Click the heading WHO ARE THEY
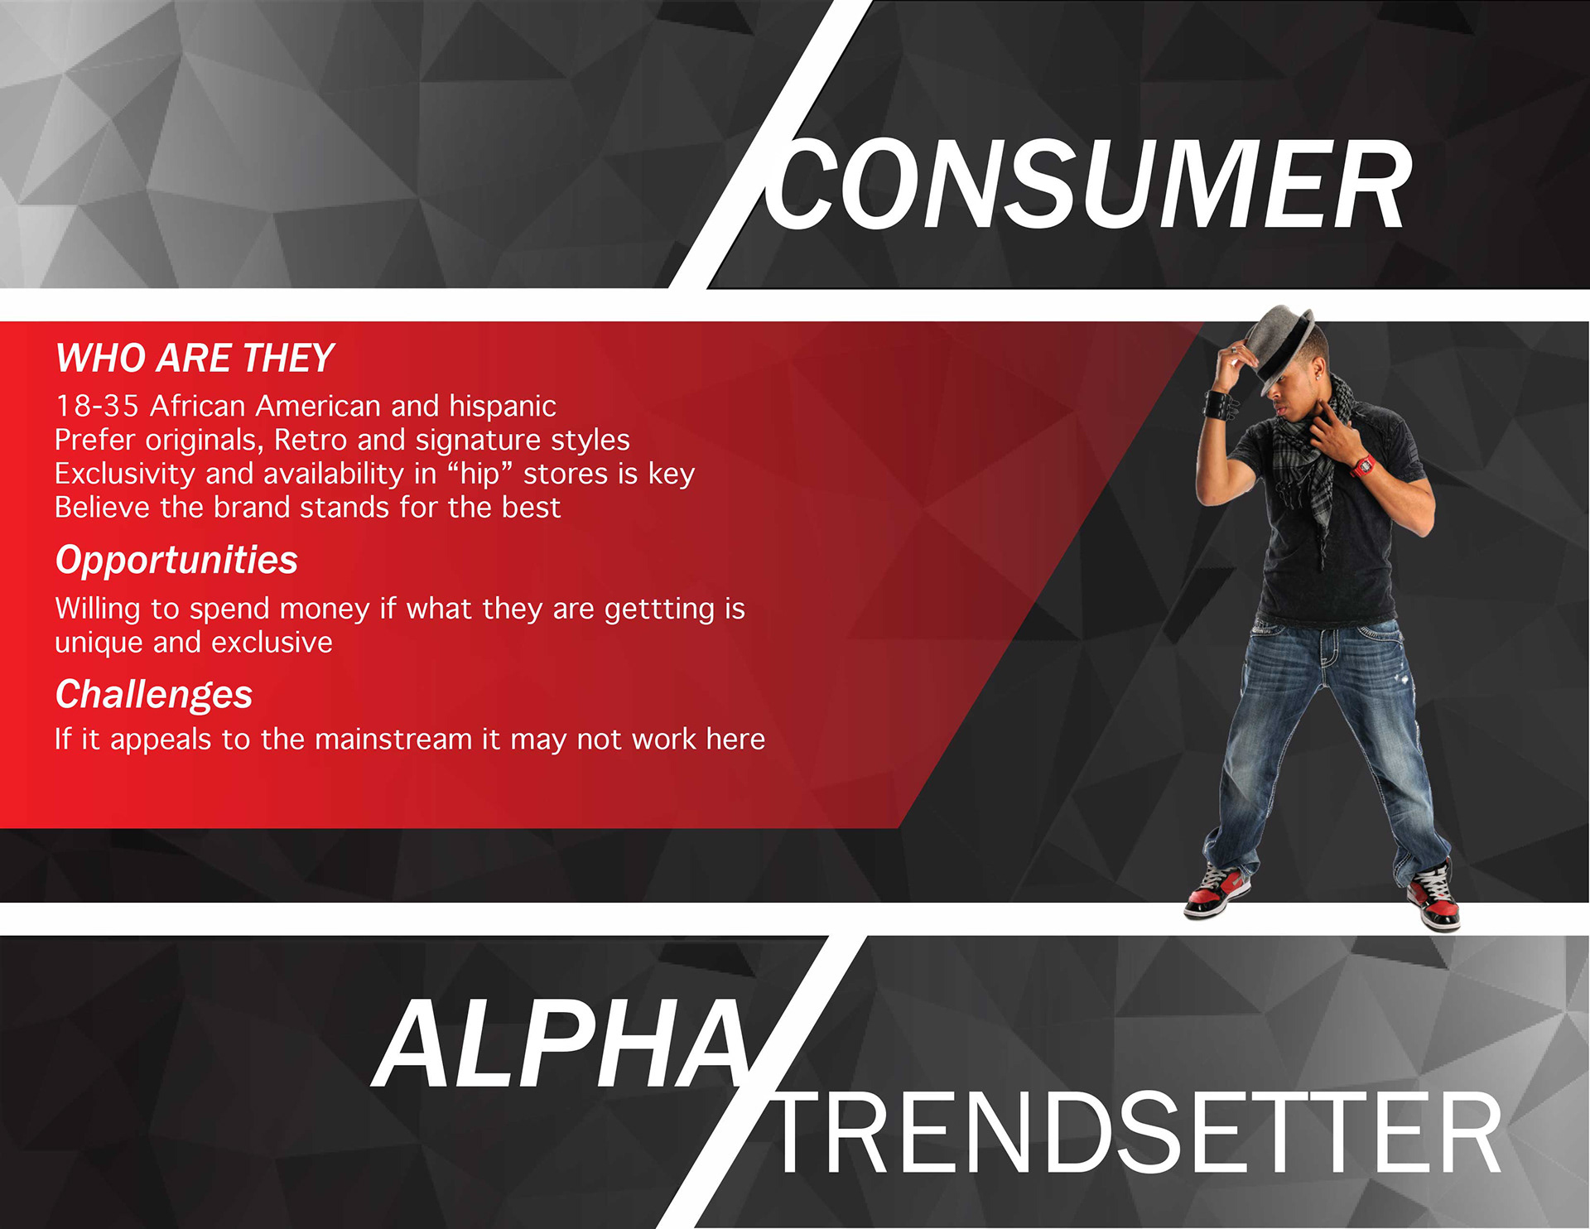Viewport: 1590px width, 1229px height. pyautogui.click(x=195, y=358)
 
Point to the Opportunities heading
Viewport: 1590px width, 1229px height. pyautogui.click(x=176, y=560)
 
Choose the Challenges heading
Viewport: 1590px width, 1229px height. pyautogui.click(x=154, y=694)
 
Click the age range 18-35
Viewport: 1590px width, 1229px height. pyautogui.click(x=96, y=406)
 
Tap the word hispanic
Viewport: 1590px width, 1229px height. pyautogui.click(x=503, y=406)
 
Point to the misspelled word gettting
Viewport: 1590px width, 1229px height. pyautogui.click(x=659, y=610)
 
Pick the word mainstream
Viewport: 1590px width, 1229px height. pyautogui.click(x=393, y=739)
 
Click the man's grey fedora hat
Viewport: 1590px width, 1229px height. pyautogui.click(x=1280, y=345)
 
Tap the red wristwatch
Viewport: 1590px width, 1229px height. pyautogui.click(x=1362, y=465)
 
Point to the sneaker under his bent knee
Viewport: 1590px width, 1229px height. pyautogui.click(x=1217, y=893)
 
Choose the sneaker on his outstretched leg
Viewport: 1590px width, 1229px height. pyautogui.click(x=1433, y=897)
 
